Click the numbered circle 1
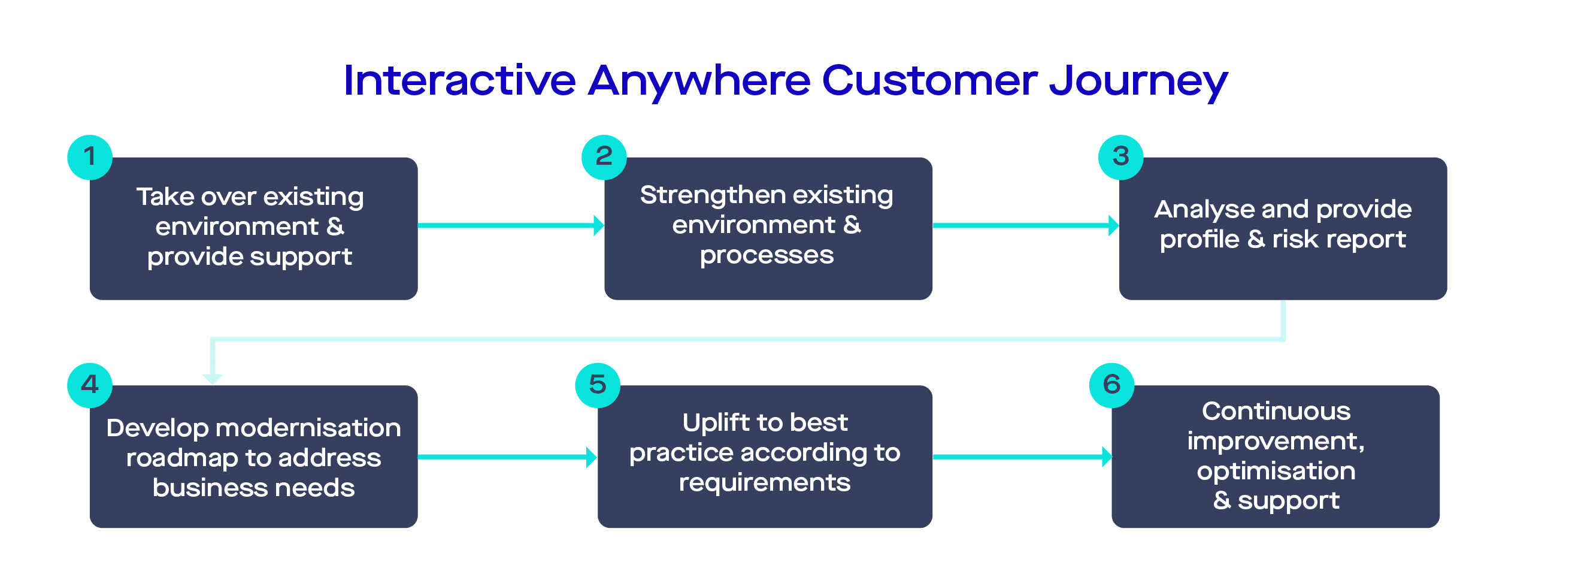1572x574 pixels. click(x=90, y=157)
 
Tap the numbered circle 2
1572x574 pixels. click(x=604, y=157)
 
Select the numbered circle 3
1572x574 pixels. click(x=1120, y=157)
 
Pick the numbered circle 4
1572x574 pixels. click(x=90, y=385)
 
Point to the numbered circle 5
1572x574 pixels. click(x=598, y=385)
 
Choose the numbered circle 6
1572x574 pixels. click(x=1111, y=385)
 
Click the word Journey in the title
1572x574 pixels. click(x=1138, y=81)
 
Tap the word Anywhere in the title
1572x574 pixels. click(x=699, y=81)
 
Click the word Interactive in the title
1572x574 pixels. click(x=459, y=81)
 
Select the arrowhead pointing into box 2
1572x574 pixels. click(x=599, y=225)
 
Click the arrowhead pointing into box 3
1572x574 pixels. click(x=1114, y=225)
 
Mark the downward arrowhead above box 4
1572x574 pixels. click(x=213, y=379)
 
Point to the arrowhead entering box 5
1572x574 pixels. click(x=591, y=457)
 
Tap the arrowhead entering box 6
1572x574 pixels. click(x=1106, y=457)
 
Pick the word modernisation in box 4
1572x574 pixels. click(x=308, y=428)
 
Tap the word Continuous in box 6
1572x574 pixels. click(x=1276, y=412)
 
